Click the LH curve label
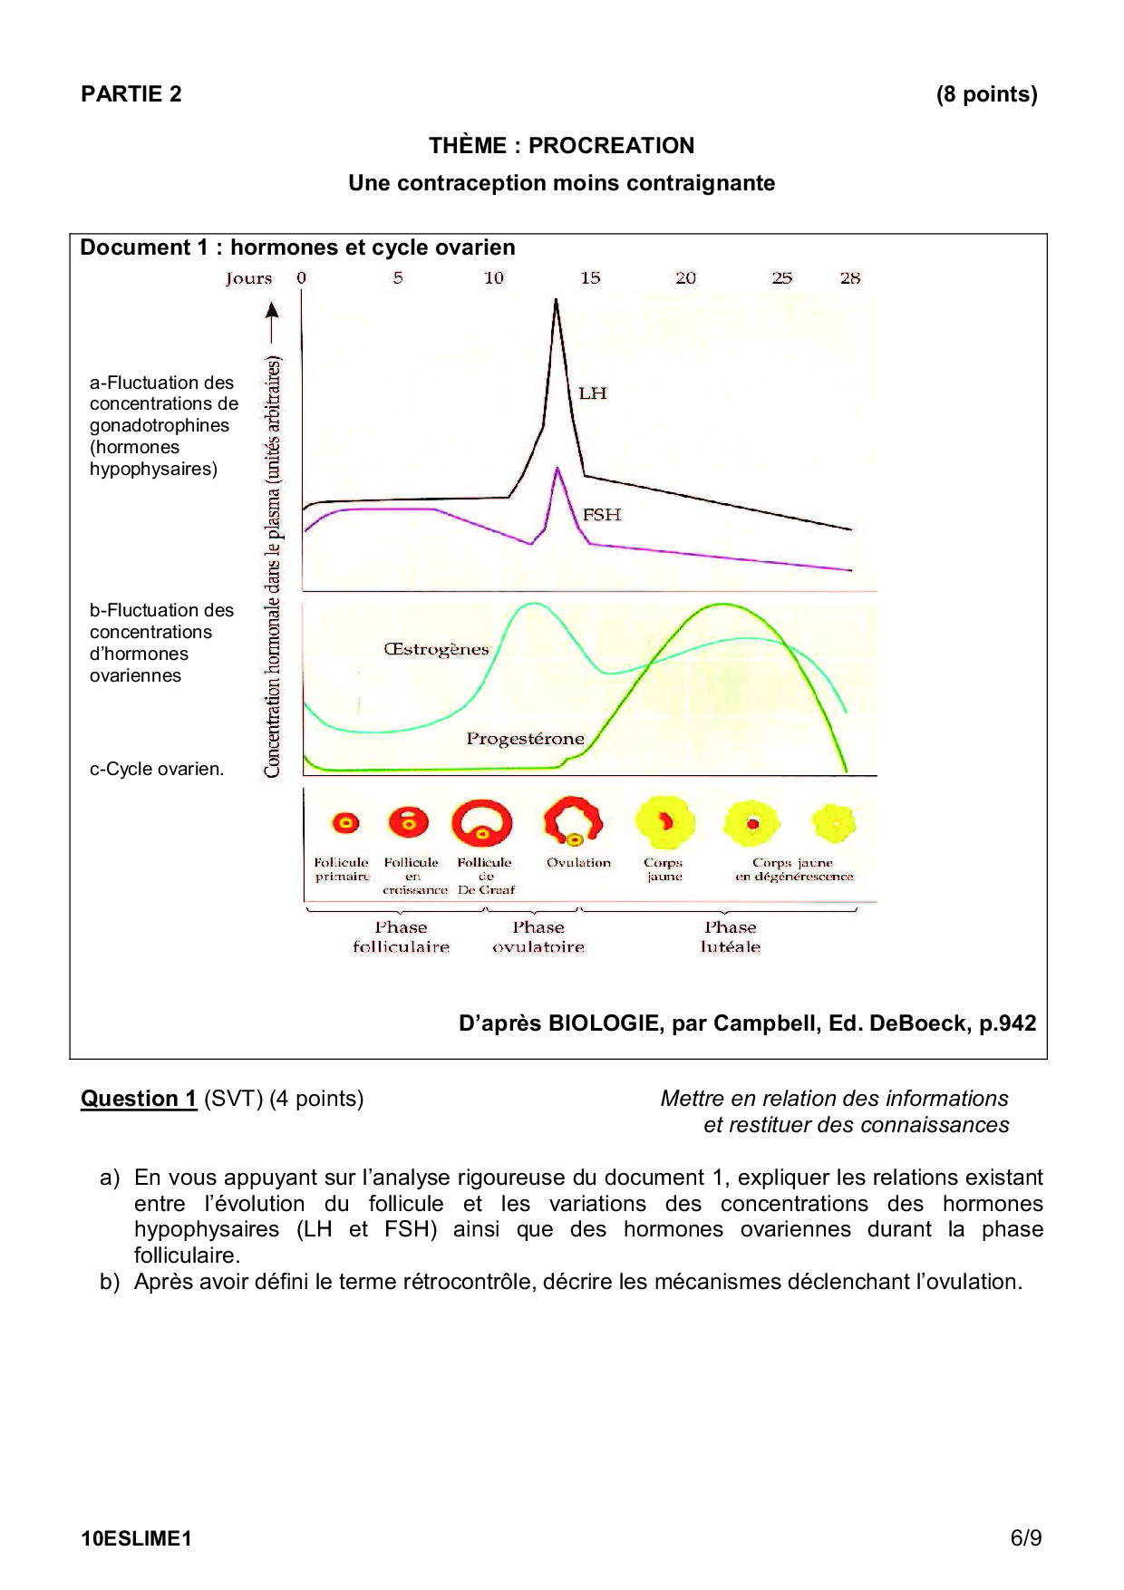[593, 393]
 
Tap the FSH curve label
[602, 515]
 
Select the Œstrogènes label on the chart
[436, 649]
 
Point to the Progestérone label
[525, 739]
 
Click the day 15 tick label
[590, 278]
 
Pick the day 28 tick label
[849, 278]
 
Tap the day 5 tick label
[398, 278]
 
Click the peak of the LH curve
[556, 301]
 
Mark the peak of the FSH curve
[557, 469]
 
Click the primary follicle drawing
[345, 823]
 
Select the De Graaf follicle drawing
[481, 823]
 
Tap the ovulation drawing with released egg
[573, 821]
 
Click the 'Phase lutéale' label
[731, 937]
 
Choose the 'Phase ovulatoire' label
[538, 937]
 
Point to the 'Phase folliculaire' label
[401, 937]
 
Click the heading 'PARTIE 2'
[131, 94]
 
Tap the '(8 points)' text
[986, 94]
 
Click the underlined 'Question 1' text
[139, 1099]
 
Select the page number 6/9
[1026, 1538]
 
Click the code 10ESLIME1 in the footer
[136, 1538]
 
